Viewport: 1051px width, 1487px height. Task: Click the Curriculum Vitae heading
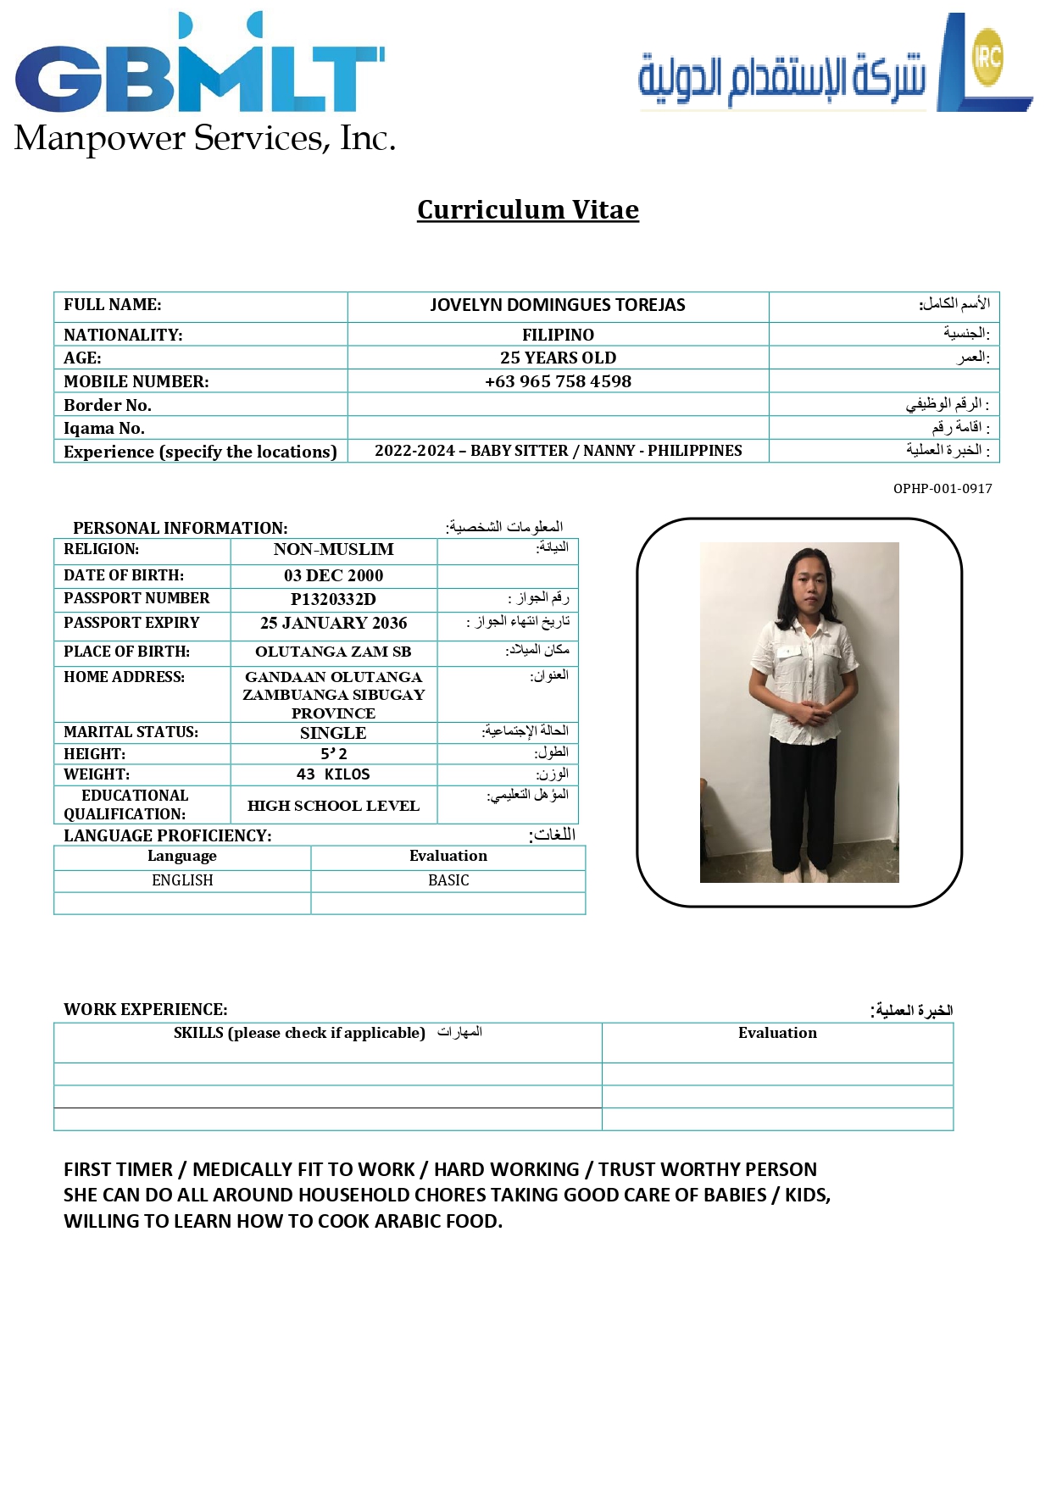pyautogui.click(x=527, y=209)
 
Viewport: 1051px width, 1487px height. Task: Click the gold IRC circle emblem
pyautogui.click(x=987, y=57)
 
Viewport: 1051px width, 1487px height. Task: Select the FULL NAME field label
pyautogui.click(x=113, y=305)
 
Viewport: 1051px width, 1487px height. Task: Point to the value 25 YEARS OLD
pyautogui.click(x=558, y=358)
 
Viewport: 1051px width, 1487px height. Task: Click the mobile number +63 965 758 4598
pyautogui.click(x=558, y=381)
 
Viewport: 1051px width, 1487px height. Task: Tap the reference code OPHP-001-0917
pyautogui.click(x=942, y=489)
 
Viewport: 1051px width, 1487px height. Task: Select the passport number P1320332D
pyautogui.click(x=333, y=599)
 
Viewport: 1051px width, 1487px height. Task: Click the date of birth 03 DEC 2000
pyautogui.click(x=333, y=575)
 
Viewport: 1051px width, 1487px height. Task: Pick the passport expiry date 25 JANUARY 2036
pyautogui.click(x=333, y=623)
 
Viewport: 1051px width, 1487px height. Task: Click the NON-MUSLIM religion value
pyautogui.click(x=333, y=549)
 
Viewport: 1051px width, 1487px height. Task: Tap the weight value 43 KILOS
pyautogui.click(x=333, y=774)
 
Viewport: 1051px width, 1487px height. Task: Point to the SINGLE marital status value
pyautogui.click(x=333, y=733)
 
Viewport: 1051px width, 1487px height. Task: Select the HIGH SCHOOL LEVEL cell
pyautogui.click(x=333, y=806)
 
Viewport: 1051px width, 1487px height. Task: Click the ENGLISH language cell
pyautogui.click(x=182, y=880)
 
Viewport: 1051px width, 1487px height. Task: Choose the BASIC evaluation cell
pyautogui.click(x=448, y=880)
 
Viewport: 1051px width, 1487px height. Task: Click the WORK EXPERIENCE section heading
pyautogui.click(x=146, y=1009)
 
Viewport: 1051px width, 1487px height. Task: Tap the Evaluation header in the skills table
pyautogui.click(x=777, y=1033)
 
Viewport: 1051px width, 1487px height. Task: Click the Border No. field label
pyautogui.click(x=108, y=405)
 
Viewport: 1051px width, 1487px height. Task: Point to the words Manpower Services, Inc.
pyautogui.click(x=205, y=139)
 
